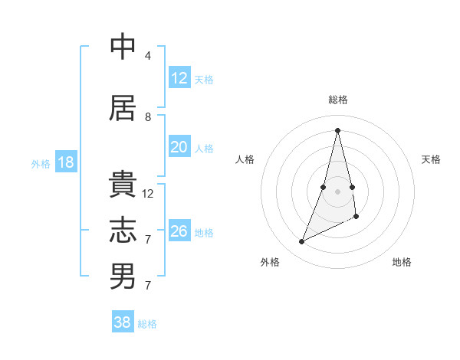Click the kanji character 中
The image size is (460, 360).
pos(123,47)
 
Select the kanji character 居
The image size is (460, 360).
pos(123,108)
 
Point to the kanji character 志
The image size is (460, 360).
pos(123,231)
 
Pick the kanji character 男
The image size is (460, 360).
pos(123,277)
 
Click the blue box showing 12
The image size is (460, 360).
pos(179,78)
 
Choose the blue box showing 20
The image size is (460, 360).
pos(179,148)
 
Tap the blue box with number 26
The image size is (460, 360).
pos(179,231)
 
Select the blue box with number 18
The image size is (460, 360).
pos(65,162)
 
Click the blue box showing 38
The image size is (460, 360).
pos(123,322)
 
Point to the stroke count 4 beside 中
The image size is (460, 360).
pos(148,56)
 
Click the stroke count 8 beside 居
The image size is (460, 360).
pos(148,117)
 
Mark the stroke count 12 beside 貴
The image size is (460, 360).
pos(148,194)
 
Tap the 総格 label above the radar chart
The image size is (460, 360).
pos(337,100)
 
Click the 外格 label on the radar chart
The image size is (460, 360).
pos(270,263)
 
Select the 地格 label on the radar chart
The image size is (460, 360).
pos(402,263)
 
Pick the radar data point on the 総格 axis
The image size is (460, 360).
pos(337,130)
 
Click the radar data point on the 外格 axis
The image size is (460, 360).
pos(301,242)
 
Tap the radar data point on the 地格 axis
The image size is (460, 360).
pos(356,217)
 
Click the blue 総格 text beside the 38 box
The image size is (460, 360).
pos(147,324)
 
